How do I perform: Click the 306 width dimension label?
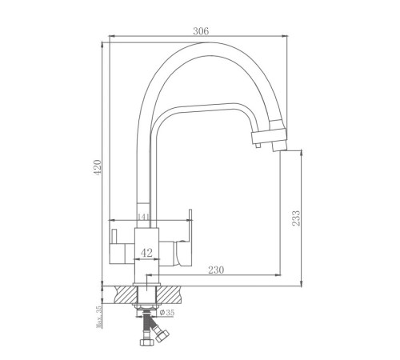point(201,31)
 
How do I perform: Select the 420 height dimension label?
point(98,167)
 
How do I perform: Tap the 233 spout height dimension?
point(296,218)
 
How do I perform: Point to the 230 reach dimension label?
point(216,270)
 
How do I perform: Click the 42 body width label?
point(146,253)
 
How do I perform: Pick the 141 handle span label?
point(144,217)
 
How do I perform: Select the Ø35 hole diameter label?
point(167,313)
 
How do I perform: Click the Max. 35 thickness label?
point(99,317)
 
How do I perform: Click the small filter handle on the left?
point(114,236)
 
